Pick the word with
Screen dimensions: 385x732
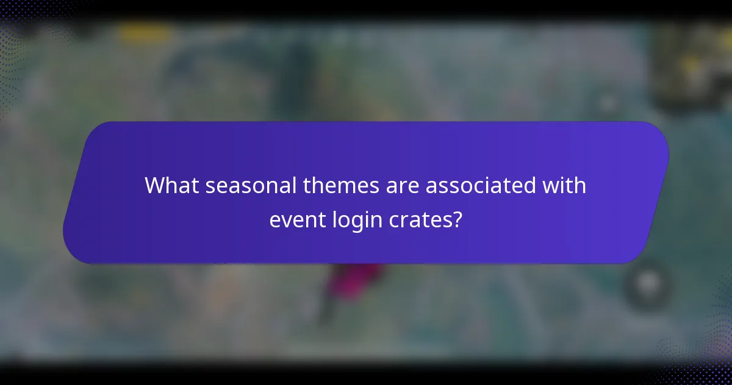[x=567, y=186]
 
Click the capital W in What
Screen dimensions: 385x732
[x=156, y=186]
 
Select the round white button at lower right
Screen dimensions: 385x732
[x=648, y=283]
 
